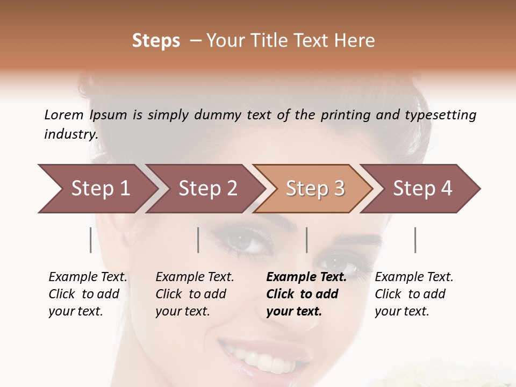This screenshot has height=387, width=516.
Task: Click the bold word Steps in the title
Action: pyautogui.click(x=156, y=41)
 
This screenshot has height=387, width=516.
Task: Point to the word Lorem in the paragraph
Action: pyautogui.click(x=63, y=114)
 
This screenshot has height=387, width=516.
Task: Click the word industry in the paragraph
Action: pyautogui.click(x=71, y=134)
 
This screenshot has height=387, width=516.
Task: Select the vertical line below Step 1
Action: pyautogui.click(x=91, y=240)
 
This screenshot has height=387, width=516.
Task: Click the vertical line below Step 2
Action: pyautogui.click(x=198, y=240)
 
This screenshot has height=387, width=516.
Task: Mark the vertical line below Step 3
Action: pyautogui.click(x=306, y=240)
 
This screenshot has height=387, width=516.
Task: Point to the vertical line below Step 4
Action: pyautogui.click(x=415, y=240)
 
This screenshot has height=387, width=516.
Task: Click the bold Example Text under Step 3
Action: pyautogui.click(x=306, y=277)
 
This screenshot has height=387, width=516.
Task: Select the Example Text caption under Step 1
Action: pyautogui.click(x=88, y=277)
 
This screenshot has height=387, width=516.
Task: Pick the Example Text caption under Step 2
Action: pyautogui.click(x=195, y=277)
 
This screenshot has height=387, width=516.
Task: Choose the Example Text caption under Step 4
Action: pyautogui.click(x=414, y=277)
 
